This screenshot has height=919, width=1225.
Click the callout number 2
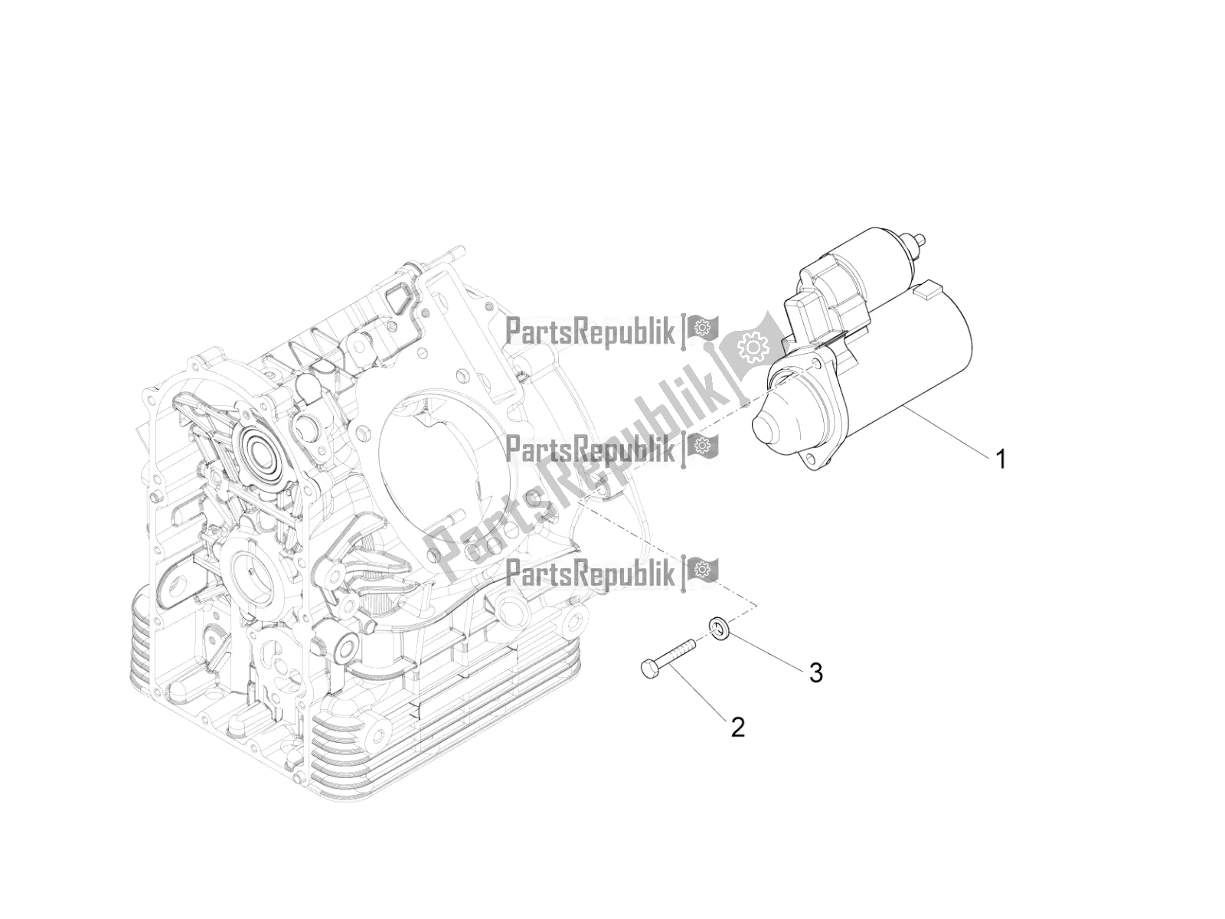point(738,728)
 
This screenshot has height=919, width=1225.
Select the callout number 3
point(816,673)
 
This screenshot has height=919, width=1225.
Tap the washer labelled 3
point(719,625)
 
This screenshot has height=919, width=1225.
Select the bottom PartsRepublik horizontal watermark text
point(590,569)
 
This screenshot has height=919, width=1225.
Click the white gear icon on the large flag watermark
point(753,348)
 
